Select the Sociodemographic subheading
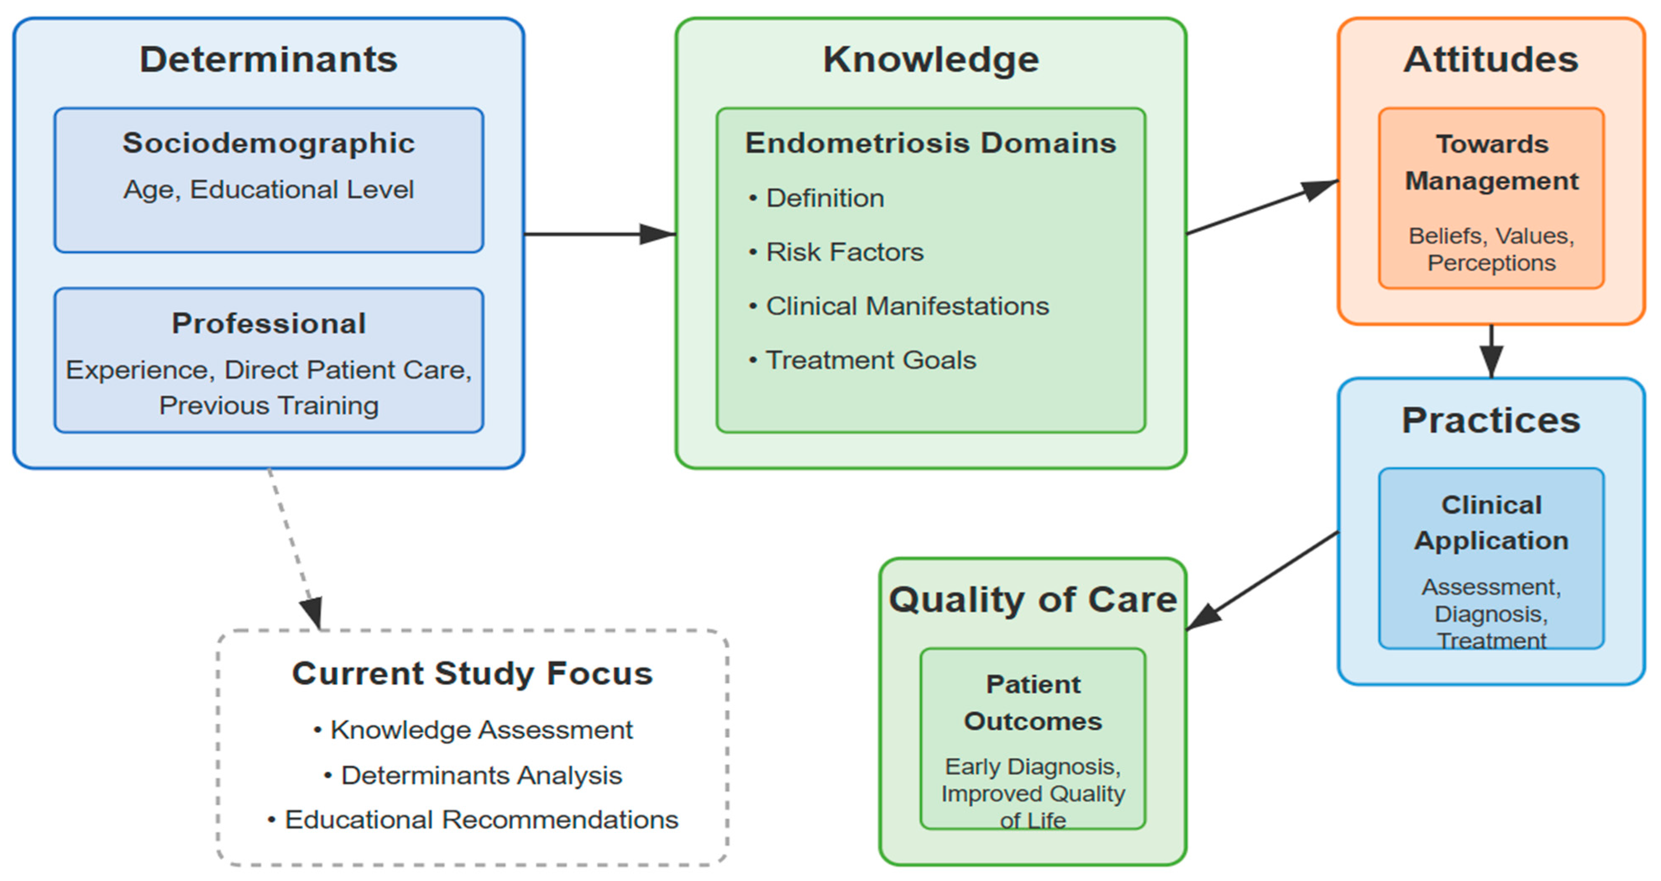point(268,143)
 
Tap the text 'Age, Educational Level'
point(268,190)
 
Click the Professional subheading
point(268,323)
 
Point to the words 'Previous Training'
point(268,406)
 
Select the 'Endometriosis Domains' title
point(931,143)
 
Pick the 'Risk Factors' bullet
point(844,252)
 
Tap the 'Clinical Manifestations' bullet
point(907,306)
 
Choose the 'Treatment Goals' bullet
point(871,360)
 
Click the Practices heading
point(1491,421)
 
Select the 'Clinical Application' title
point(1491,523)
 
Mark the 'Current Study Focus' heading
point(472,673)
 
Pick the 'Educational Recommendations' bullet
point(481,820)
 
